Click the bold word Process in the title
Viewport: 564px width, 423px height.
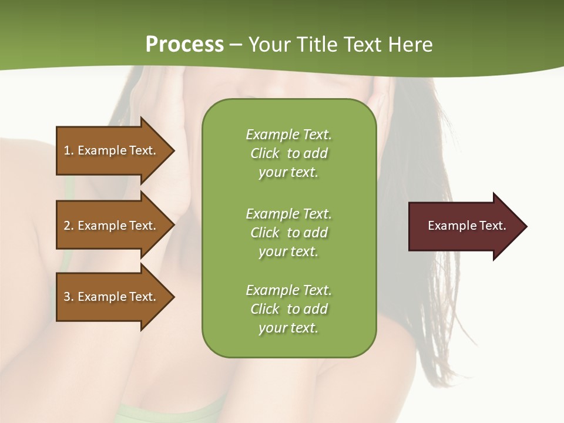point(184,44)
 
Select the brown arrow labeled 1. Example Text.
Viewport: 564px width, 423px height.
point(112,150)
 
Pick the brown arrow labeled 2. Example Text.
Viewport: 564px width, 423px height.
point(112,226)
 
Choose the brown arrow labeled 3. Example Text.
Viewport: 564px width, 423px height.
point(112,297)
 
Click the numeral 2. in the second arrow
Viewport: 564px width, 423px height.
point(68,226)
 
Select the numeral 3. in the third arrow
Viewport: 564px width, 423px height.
point(68,297)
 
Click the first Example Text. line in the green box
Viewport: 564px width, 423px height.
point(288,135)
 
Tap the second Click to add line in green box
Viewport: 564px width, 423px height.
point(288,233)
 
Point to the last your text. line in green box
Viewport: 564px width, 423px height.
point(288,328)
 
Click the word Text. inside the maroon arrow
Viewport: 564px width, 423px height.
point(492,226)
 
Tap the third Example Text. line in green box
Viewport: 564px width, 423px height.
point(288,290)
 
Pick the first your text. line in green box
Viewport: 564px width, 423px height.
point(288,173)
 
